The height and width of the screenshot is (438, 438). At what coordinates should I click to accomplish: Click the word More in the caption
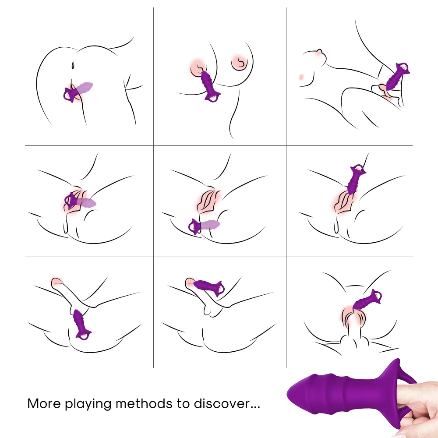tap(44, 404)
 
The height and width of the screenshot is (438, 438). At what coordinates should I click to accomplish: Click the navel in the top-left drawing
tap(73, 65)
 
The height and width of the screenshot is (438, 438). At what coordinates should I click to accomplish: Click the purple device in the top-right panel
tap(397, 76)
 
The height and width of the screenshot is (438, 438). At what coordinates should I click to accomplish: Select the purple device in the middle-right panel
tap(356, 179)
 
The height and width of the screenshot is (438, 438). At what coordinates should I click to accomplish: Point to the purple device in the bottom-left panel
tap(81, 324)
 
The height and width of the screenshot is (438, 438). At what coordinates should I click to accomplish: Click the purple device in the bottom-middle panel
tap(208, 288)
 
